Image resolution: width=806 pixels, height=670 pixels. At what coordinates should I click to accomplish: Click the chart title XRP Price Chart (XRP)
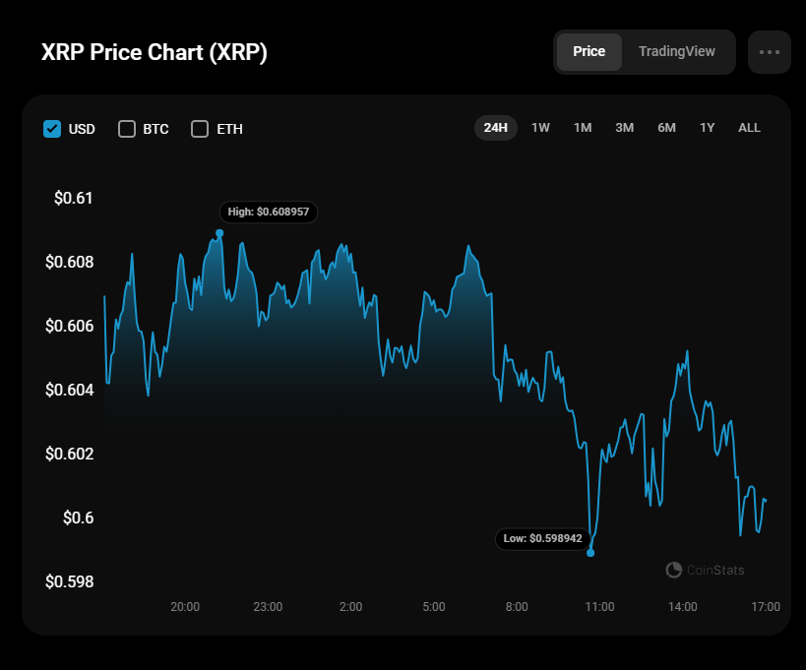(154, 53)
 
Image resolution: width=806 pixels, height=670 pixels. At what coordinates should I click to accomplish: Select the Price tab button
(589, 52)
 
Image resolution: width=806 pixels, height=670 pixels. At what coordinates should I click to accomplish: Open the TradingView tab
(677, 52)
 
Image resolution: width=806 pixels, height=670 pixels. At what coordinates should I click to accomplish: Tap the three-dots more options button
(769, 52)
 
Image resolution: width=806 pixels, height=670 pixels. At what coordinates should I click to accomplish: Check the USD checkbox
(52, 129)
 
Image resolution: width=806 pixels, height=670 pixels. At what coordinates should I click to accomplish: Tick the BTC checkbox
(127, 129)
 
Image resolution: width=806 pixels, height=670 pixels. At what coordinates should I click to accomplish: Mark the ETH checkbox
(200, 129)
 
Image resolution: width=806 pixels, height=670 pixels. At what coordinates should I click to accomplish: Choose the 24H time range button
(495, 128)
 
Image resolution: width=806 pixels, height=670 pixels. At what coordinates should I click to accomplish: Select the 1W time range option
(540, 128)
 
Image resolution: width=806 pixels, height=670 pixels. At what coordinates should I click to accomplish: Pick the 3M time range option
(624, 128)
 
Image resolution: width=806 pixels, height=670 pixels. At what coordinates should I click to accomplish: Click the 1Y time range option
(707, 128)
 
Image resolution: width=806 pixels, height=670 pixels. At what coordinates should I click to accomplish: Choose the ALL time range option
(749, 128)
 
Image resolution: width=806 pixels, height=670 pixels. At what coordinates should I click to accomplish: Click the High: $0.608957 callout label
(269, 212)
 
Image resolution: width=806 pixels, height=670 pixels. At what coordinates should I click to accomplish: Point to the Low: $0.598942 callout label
(543, 539)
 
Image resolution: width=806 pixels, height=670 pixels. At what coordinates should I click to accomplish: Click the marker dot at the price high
(219, 233)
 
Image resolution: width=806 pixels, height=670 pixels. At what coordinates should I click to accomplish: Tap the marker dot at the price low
(590, 553)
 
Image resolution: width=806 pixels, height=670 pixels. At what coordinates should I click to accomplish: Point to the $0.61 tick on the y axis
(74, 199)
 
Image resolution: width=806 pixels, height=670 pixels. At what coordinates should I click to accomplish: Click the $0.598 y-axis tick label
(69, 581)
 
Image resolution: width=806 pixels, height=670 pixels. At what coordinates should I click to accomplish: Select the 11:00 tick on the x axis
(599, 606)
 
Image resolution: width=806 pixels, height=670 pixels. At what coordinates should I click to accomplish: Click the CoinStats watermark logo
(705, 570)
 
